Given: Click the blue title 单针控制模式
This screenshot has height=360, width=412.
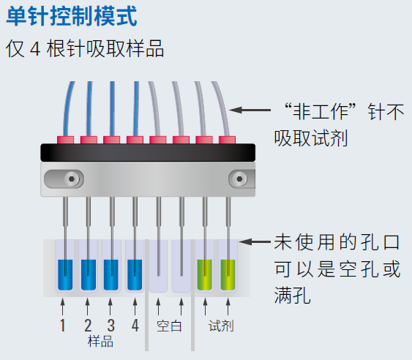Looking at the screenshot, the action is click(72, 16).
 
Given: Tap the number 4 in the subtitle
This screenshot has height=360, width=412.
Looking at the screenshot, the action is click(35, 49).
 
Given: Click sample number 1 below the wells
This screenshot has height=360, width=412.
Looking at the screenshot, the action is click(62, 326).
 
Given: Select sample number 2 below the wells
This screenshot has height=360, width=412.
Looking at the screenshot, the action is click(88, 326).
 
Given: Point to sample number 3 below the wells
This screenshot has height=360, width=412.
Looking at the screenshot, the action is click(111, 326).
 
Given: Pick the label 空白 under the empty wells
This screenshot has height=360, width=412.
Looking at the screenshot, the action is click(169, 326).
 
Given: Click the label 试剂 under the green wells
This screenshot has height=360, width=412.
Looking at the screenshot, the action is click(221, 326).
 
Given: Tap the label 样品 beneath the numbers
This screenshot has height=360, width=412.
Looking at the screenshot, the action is click(100, 342).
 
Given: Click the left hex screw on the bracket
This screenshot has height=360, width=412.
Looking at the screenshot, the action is click(72, 179).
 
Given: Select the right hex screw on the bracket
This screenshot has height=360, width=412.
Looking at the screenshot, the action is click(239, 179).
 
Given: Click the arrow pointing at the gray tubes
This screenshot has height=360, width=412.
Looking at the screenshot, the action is click(250, 110).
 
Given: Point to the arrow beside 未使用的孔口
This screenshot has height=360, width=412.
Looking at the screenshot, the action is click(255, 241).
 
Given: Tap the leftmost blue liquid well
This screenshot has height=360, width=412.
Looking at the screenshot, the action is click(65, 275).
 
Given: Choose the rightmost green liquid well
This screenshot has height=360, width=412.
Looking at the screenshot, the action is click(228, 275).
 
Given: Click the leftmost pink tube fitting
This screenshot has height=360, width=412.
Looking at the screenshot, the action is click(65, 140).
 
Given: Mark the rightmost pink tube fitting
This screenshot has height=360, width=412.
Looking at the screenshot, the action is click(227, 140).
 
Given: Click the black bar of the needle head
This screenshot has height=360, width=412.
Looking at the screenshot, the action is click(148, 152).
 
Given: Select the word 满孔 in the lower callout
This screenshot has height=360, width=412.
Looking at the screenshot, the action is click(293, 296).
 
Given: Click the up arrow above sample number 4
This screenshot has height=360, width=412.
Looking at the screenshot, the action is click(135, 307).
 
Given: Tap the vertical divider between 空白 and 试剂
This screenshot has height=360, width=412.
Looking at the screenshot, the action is click(193, 295).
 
